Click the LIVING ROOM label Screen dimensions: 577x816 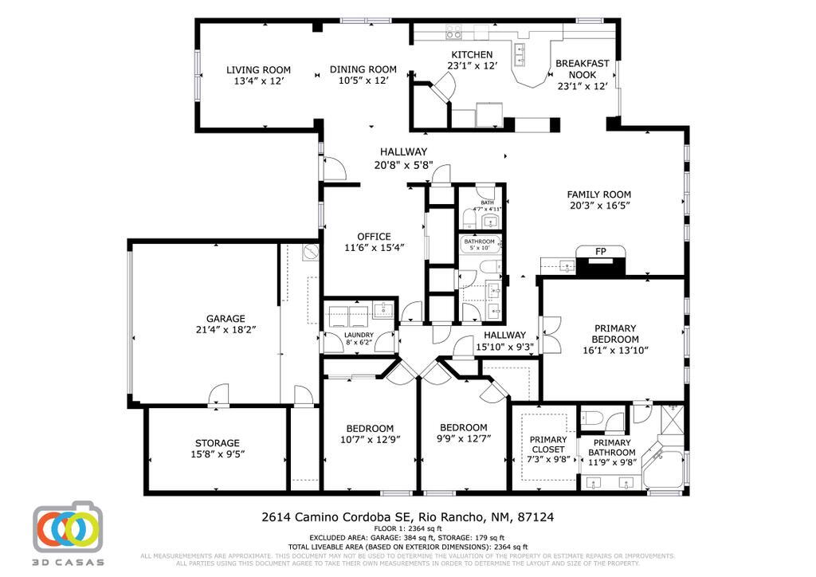pos(258,69)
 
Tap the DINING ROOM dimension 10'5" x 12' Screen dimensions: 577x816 pos(363,80)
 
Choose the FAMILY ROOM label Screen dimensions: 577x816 pos(598,194)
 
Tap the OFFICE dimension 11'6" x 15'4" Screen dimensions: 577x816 pos(374,247)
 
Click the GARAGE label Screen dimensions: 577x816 pos(226,318)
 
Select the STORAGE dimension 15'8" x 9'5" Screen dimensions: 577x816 pos(218,454)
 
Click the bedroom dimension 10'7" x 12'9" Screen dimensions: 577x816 pos(371,438)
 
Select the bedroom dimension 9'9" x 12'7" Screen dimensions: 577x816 pos(463,438)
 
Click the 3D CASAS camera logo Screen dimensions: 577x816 pos(68,527)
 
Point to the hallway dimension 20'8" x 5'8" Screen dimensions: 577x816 pos(403,165)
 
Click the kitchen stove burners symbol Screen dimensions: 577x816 pos(453,33)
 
